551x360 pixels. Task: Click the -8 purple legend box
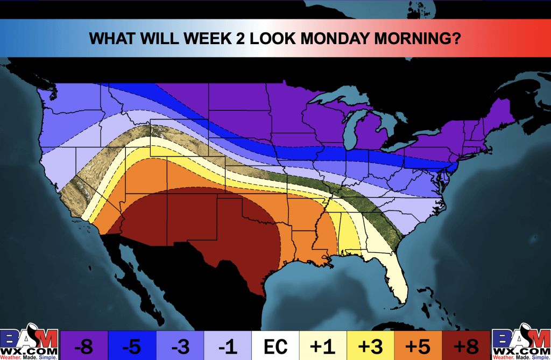tap(83, 345)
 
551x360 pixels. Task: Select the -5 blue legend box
tap(132, 345)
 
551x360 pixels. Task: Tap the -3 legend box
tap(180, 345)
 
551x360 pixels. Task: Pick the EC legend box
tap(275, 345)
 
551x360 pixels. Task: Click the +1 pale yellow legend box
tap(323, 345)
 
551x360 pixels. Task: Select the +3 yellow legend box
tap(371, 345)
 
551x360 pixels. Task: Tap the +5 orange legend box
tap(419, 345)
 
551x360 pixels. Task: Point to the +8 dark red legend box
tap(467, 345)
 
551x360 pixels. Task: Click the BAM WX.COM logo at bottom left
tap(29, 343)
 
